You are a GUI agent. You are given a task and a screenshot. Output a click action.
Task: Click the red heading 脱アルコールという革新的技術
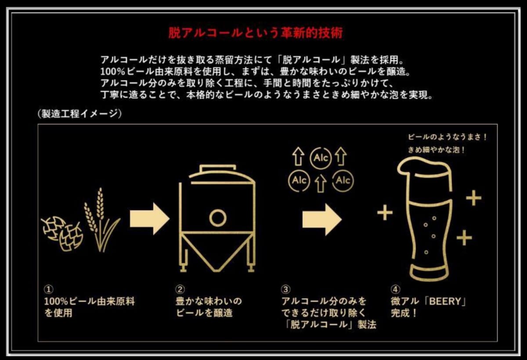pyautogui.click(x=256, y=33)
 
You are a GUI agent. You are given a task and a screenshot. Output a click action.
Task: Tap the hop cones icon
pyautogui.click(x=62, y=233)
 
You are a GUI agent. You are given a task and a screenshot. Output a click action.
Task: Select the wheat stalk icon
pyautogui.click(x=101, y=220)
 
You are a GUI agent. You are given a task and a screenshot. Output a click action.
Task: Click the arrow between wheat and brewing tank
pyautogui.click(x=150, y=219)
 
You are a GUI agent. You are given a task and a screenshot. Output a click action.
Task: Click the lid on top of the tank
pyautogui.click(x=218, y=168)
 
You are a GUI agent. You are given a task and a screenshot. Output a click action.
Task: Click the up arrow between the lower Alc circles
pyautogui.click(x=321, y=184)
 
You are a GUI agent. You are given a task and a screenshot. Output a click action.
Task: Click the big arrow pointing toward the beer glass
pyautogui.click(x=322, y=220)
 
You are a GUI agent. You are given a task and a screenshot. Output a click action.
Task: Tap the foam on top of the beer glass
pyautogui.click(x=423, y=167)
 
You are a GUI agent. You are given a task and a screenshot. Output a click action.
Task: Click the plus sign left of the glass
pyautogui.click(x=385, y=212)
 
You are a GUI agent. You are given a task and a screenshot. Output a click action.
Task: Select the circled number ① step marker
pyautogui.click(x=48, y=289)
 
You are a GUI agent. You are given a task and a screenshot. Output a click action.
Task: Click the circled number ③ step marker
pyautogui.click(x=286, y=289)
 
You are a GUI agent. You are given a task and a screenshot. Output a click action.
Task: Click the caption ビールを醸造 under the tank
pyautogui.click(x=204, y=313)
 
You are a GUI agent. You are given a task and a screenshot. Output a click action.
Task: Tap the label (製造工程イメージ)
pyautogui.click(x=79, y=114)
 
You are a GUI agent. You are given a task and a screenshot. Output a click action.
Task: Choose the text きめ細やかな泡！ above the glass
pyautogui.click(x=437, y=150)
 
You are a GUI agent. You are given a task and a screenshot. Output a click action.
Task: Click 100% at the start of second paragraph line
pyautogui.click(x=112, y=72)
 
